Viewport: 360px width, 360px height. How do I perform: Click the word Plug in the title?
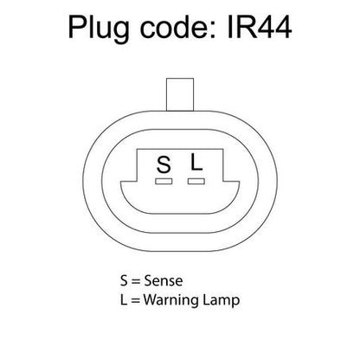[x=99, y=29]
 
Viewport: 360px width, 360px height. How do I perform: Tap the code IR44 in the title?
[x=260, y=28]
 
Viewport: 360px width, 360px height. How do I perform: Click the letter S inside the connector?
[x=164, y=164]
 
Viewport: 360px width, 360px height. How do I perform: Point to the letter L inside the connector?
[x=196, y=162]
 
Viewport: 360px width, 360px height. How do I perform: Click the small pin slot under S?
[x=164, y=181]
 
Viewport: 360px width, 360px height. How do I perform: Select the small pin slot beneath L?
[x=196, y=181]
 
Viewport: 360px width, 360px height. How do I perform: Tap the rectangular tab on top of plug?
[x=180, y=94]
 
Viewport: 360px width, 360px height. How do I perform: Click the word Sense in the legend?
[x=164, y=280]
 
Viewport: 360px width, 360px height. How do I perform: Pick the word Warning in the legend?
[x=171, y=300]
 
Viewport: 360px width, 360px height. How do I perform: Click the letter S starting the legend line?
[x=124, y=280]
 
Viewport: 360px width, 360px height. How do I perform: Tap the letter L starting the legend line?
[x=124, y=299]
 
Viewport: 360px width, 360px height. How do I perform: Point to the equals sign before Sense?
[x=136, y=281]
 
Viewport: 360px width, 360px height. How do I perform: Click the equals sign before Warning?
[x=136, y=300]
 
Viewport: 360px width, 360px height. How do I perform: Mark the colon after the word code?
[x=214, y=31]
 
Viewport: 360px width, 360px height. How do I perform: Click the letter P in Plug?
[x=76, y=28]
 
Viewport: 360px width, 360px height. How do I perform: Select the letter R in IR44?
[x=245, y=28]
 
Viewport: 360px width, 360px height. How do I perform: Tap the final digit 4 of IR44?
[x=283, y=28]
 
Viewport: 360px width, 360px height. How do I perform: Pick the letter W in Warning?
[x=151, y=299]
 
